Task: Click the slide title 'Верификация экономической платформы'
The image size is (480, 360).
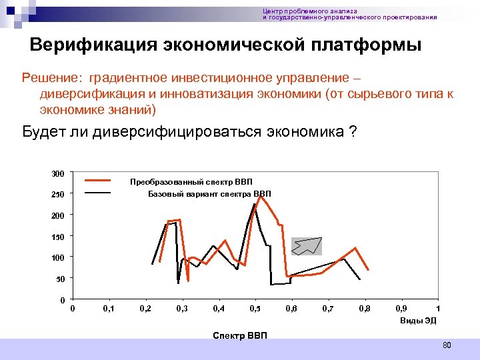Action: (x=226, y=45)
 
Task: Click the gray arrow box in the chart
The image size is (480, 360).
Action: (x=307, y=246)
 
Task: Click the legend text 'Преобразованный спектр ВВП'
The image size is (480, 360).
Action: (x=191, y=182)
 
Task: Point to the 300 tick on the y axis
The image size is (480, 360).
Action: (x=58, y=174)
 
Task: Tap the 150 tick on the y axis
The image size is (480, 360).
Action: (x=58, y=237)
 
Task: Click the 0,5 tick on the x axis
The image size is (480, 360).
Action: (x=255, y=309)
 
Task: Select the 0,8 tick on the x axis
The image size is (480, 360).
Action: (x=364, y=309)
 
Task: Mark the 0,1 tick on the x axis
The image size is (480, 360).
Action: (x=109, y=309)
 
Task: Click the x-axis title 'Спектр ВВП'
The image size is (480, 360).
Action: (x=239, y=334)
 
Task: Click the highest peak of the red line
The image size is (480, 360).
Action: (x=259, y=197)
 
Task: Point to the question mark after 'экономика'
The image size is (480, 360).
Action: (x=351, y=131)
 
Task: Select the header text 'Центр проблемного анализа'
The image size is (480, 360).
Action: (x=310, y=11)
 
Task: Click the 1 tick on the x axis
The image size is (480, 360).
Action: (x=437, y=309)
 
